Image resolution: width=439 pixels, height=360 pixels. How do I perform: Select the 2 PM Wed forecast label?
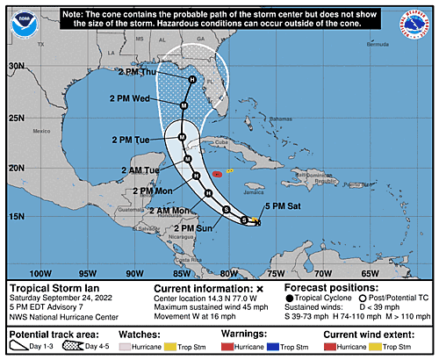point(129,98)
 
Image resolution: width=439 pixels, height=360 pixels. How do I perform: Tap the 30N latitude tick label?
point(17,66)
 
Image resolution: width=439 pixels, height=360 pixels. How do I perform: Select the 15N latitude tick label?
point(17,215)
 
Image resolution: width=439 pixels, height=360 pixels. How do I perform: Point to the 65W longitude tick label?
point(370,273)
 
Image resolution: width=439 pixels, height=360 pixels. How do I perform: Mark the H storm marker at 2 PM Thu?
point(191,80)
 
